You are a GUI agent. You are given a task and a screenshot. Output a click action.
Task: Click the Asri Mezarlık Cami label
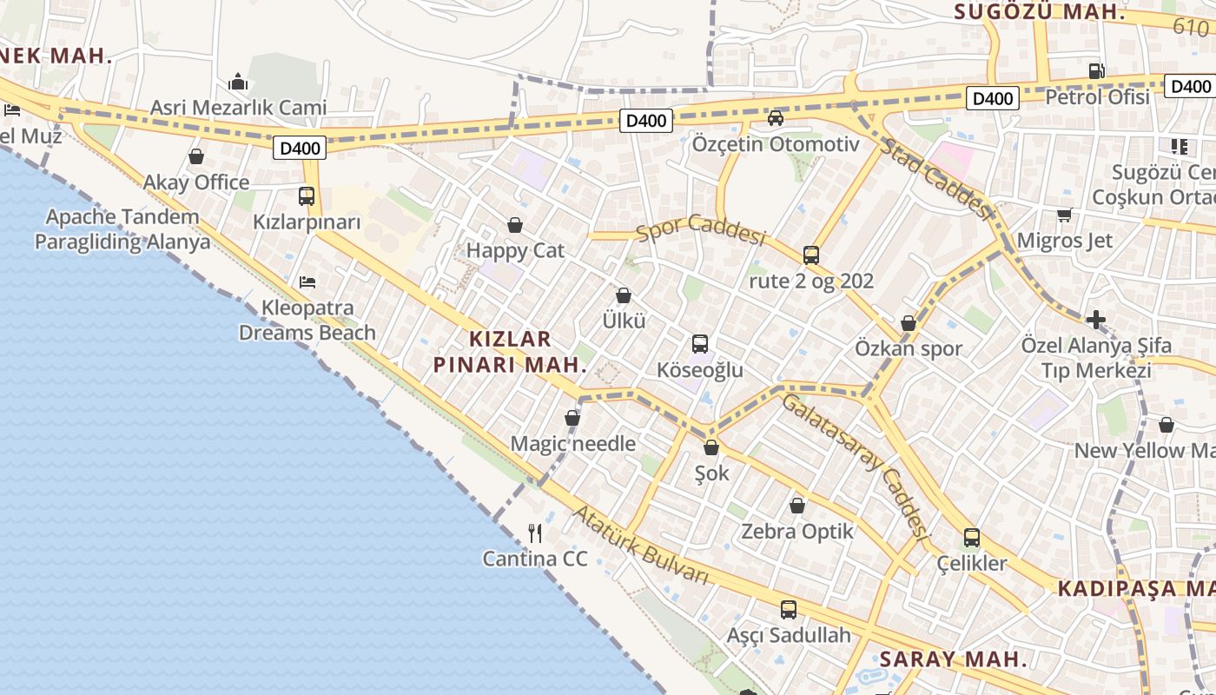coord(239,108)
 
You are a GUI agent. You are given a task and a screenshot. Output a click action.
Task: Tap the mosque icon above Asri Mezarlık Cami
coord(239,83)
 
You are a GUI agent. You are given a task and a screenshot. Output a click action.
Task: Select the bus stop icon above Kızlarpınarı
coord(307,196)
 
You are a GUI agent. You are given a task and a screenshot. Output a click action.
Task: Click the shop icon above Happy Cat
coord(515,226)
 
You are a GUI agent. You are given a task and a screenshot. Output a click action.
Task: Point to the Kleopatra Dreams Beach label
coord(307,320)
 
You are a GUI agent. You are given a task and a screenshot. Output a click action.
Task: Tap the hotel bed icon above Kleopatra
coord(307,282)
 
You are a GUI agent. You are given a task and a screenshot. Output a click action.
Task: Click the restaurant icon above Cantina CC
coord(535,533)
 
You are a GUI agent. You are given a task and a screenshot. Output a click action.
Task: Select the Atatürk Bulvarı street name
coord(641,545)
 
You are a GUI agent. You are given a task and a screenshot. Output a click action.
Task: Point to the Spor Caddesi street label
coord(701,229)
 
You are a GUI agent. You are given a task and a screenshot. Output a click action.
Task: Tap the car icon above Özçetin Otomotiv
coord(776,117)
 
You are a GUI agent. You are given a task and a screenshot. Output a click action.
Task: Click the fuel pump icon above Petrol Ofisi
coord(1097,71)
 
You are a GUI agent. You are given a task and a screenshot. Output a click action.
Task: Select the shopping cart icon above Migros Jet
coord(1064,215)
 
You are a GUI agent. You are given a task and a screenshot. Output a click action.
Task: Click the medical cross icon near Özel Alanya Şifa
coord(1096,319)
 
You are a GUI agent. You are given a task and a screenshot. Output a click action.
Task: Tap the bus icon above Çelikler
coord(972,538)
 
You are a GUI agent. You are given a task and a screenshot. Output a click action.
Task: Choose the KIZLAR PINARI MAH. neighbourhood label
coord(510,351)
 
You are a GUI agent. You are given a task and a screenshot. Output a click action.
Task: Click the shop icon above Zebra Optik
coord(797,506)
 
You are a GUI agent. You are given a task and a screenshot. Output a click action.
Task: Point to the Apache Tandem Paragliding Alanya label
coord(122,228)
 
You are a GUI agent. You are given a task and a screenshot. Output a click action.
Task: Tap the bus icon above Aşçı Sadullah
coord(789,610)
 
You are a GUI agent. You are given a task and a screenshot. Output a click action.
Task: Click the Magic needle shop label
coord(573,443)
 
